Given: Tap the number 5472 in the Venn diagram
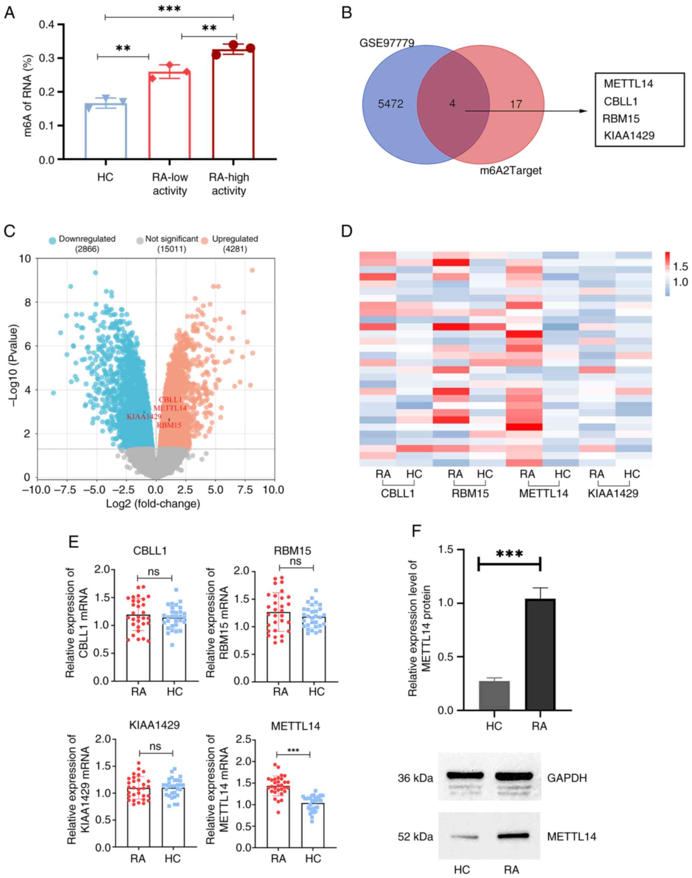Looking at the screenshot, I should pyautogui.click(x=390, y=104).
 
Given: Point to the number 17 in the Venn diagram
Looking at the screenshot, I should pyautogui.click(x=515, y=105).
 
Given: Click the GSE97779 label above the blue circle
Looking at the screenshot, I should pyautogui.click(x=387, y=43).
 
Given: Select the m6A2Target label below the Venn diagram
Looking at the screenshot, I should pyautogui.click(x=510, y=171).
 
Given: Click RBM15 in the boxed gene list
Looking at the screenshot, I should pyautogui.click(x=621, y=119).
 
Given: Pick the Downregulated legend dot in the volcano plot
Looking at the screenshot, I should pyautogui.click(x=52, y=240).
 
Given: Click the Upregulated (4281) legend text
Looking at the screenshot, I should pyautogui.click(x=235, y=244).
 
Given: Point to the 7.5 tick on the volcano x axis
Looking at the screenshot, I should pyautogui.click(x=245, y=489).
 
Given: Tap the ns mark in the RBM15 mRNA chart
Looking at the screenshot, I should pyautogui.click(x=296, y=561).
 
